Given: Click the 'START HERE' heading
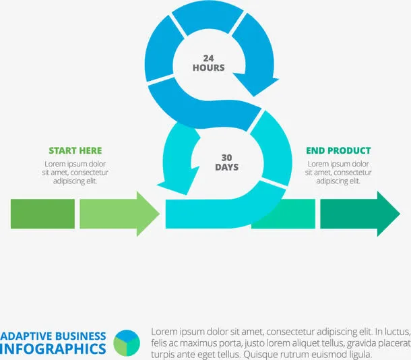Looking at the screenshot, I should [75, 150].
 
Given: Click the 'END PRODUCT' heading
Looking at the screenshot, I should [338, 150].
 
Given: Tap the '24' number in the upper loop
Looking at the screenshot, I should [208, 58].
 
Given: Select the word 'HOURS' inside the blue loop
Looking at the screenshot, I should [208, 67].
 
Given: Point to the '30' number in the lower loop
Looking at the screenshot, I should [226, 157].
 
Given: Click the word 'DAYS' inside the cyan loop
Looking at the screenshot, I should [226, 167].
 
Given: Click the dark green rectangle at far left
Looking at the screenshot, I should [42, 214].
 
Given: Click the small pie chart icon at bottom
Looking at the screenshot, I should [127, 343].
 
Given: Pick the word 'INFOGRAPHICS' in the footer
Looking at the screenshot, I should [53, 349].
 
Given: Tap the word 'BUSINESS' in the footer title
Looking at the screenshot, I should [82, 336].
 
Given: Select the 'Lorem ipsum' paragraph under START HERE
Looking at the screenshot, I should [75, 173].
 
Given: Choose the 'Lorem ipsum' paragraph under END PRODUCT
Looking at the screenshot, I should [338, 173].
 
